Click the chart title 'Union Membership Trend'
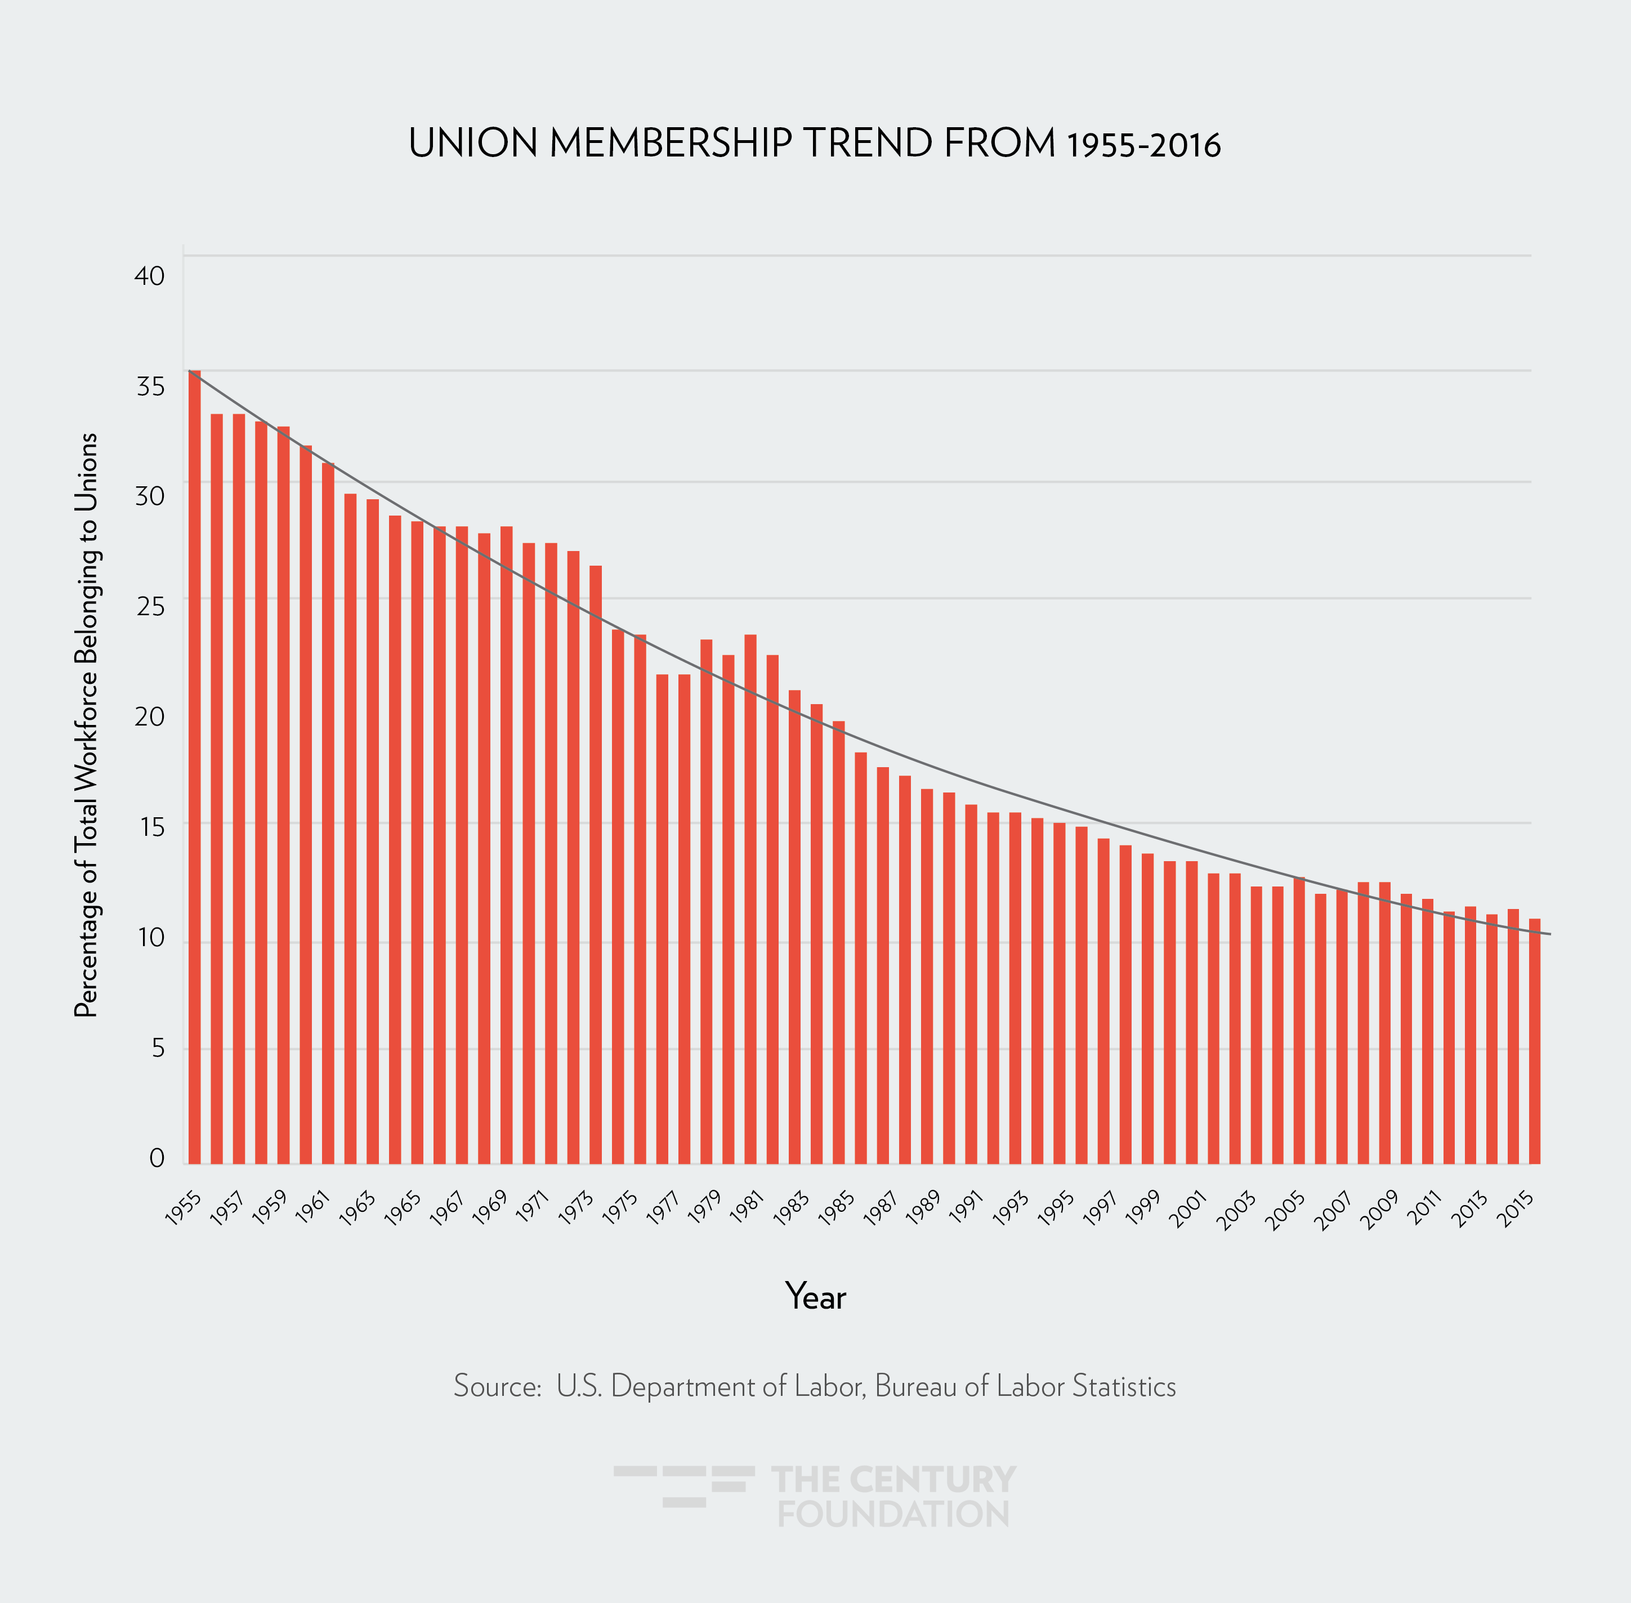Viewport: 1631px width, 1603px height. click(814, 144)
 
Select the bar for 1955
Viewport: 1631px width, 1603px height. click(194, 766)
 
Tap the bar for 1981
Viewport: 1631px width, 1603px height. click(750, 899)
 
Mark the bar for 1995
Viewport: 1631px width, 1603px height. click(1059, 993)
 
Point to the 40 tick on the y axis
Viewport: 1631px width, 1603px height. click(150, 276)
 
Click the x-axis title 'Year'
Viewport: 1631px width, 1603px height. click(815, 1297)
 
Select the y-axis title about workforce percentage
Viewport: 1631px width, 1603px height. click(87, 725)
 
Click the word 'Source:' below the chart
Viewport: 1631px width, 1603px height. click(497, 1386)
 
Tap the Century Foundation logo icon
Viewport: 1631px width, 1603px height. click(683, 1487)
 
